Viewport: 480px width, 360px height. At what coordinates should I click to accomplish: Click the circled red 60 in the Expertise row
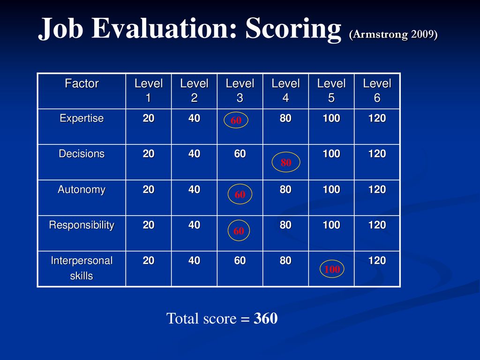click(236, 120)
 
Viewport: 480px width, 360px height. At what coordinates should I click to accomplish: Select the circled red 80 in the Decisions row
click(286, 162)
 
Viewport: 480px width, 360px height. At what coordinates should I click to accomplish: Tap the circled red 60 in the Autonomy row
click(240, 195)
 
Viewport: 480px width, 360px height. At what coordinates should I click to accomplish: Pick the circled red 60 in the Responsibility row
click(239, 231)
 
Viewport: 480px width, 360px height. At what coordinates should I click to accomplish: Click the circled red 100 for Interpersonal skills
click(332, 269)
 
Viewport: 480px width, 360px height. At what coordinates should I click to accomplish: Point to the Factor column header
click(82, 83)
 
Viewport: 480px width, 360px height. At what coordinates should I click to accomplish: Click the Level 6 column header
click(377, 90)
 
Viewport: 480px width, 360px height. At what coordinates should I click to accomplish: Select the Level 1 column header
click(149, 90)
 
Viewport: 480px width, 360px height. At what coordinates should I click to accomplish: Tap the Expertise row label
click(82, 119)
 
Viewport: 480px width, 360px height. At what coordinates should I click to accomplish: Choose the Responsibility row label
click(82, 225)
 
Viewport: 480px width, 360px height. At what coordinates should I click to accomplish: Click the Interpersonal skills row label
click(82, 268)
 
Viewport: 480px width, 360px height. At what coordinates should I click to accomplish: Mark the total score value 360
click(265, 318)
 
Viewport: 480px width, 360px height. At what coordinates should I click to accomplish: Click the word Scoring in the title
click(293, 28)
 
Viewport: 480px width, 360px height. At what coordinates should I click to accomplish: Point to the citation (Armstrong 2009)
click(393, 34)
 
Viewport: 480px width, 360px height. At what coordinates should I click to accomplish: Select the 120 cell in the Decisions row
click(377, 154)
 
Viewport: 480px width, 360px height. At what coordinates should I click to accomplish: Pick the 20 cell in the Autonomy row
click(149, 189)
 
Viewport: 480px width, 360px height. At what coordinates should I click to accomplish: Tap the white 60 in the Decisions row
click(240, 154)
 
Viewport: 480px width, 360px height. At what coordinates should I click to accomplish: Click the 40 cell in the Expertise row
click(194, 118)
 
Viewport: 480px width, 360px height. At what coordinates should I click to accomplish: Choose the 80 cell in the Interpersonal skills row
click(285, 261)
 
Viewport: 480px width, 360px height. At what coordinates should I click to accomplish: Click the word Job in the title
click(60, 28)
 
